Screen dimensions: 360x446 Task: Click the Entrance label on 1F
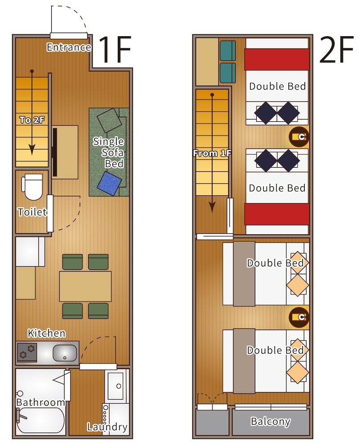69,47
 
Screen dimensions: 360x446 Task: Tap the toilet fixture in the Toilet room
32,187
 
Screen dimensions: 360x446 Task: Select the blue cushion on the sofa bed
110,183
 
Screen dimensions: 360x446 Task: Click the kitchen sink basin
65,353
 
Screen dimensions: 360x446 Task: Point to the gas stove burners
27,352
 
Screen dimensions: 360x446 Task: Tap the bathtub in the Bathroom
41,421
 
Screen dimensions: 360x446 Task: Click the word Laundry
107,427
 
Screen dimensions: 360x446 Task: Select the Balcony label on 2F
270,421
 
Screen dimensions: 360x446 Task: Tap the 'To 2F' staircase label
32,120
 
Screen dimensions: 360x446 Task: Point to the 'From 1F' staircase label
212,153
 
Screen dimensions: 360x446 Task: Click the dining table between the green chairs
85,286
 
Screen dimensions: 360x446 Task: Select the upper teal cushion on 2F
228,51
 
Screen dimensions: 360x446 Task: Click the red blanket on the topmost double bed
277,59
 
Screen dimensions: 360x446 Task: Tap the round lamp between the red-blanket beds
299,137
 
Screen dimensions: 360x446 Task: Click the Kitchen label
47,333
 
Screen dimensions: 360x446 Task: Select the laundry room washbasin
116,386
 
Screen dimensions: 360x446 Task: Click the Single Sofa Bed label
109,153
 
